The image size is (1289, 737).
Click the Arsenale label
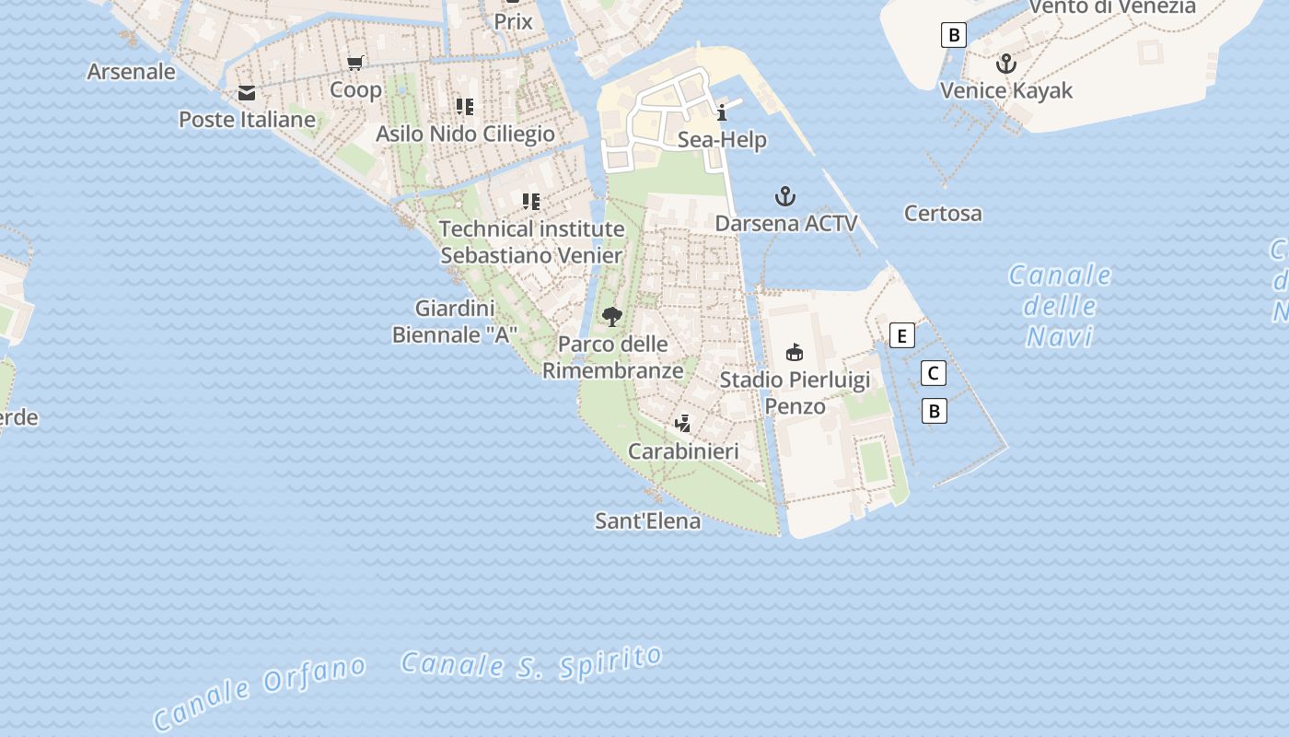coord(131,71)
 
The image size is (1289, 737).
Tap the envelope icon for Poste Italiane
coord(246,93)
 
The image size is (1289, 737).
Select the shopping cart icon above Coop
coord(355,64)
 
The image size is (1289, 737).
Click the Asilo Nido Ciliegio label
coord(465,134)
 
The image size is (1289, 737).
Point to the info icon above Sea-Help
coord(722,113)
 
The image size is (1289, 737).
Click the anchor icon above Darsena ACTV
coord(785,196)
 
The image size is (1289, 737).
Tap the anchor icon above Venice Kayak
coord(1006,64)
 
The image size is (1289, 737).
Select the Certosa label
coord(943,214)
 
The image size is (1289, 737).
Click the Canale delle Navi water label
coord(1060,306)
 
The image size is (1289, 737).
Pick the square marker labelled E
coord(903,335)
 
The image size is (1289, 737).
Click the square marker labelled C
coord(934,373)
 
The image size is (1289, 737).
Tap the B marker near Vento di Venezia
coord(954,36)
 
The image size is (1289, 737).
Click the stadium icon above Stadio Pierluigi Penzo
coord(794,352)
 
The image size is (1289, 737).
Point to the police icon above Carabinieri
coord(683,424)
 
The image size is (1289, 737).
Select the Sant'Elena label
coord(647,521)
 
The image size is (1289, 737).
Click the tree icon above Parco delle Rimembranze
coord(611,318)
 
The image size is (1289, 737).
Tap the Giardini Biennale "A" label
coord(455,322)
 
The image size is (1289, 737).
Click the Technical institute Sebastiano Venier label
coord(532,241)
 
